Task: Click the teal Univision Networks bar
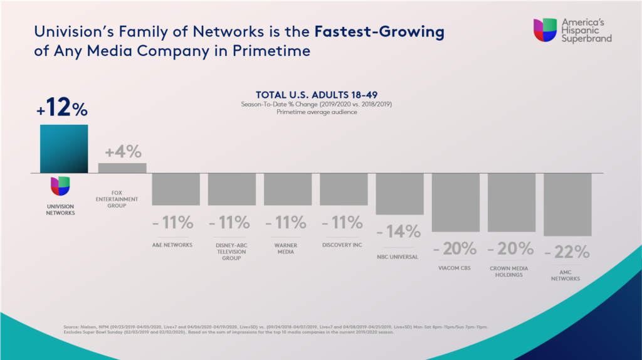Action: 64,148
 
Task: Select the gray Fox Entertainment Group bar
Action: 122,167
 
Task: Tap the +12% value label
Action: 62,109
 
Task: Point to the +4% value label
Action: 123,152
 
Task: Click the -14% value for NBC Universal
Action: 399,231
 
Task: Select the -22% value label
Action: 567,252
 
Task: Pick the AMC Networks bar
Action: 567,204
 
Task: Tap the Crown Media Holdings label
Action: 512,271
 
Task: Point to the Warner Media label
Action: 288,248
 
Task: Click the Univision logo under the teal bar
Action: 60,186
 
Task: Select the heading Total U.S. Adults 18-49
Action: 320,94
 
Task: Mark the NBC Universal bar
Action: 399,194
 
